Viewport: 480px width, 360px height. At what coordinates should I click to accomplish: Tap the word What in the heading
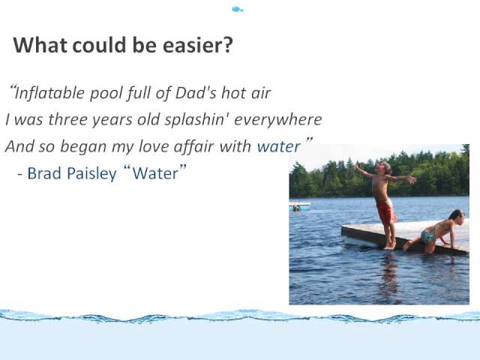tap(40, 45)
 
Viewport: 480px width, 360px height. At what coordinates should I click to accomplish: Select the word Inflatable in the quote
tap(49, 93)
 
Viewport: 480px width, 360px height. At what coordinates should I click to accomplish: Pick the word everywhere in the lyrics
tap(278, 120)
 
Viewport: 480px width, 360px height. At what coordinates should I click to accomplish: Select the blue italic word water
tap(278, 147)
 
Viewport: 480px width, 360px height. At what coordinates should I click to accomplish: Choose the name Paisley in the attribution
tap(91, 174)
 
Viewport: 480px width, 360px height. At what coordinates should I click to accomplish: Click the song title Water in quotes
tap(155, 173)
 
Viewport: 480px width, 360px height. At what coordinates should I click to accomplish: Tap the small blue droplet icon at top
tap(237, 10)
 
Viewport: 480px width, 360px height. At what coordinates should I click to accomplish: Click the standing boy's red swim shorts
tap(385, 211)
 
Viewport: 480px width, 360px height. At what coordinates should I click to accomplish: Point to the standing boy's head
tap(384, 168)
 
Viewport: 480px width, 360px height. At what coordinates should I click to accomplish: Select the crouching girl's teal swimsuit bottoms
tap(428, 236)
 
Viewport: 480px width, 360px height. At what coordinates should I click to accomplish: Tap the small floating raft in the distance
tap(300, 207)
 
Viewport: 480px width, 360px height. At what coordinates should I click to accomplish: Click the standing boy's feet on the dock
tap(390, 245)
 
